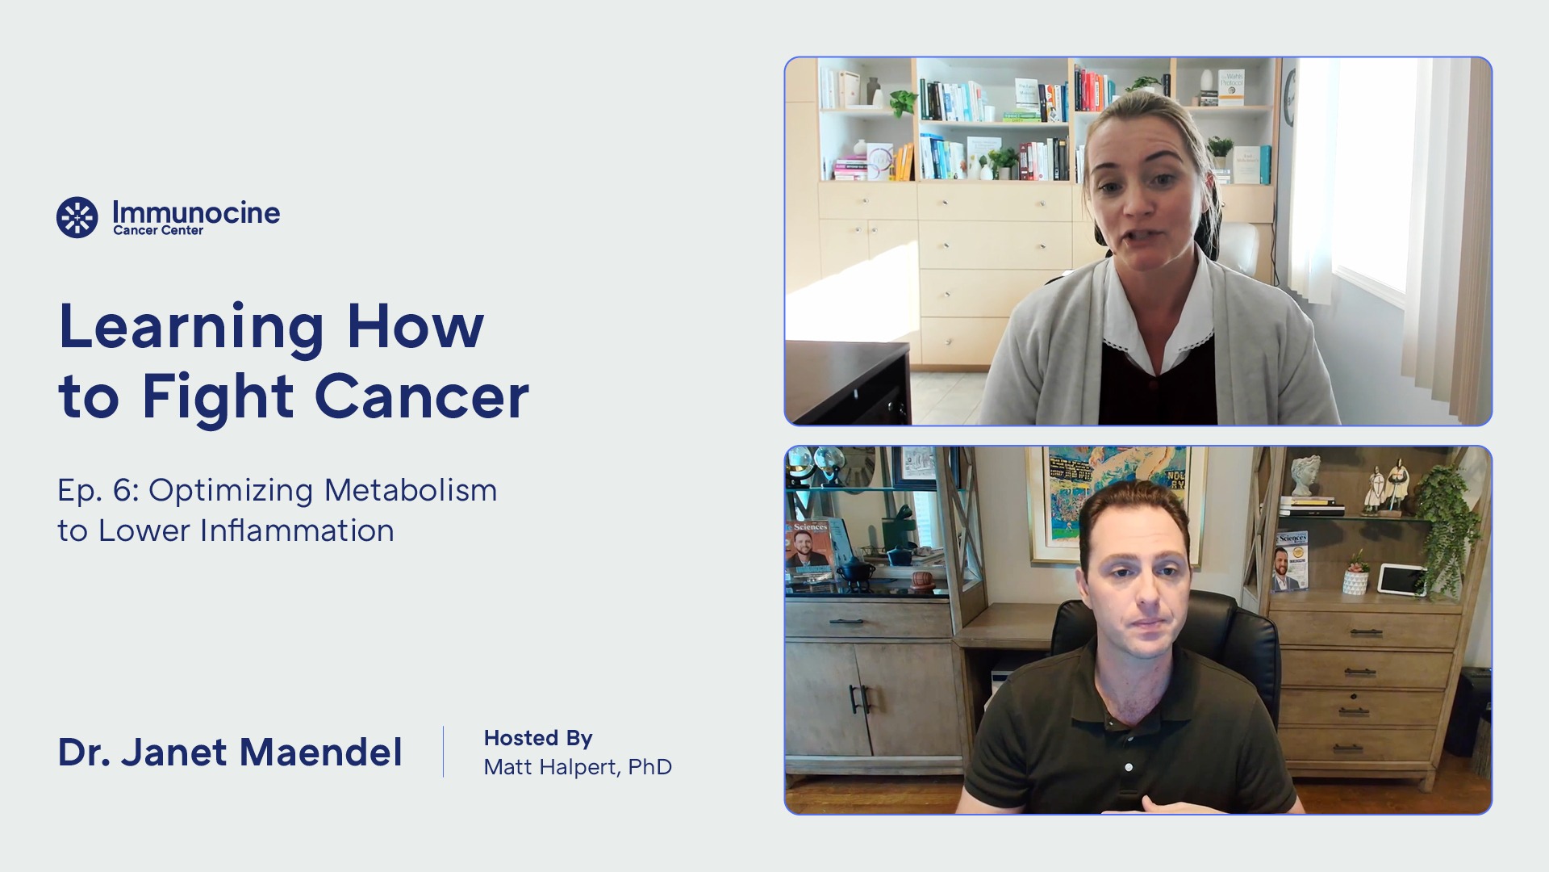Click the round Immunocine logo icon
(77, 217)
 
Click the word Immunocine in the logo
(196, 212)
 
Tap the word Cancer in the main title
(421, 396)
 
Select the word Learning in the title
(191, 327)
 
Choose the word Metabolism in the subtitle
(411, 490)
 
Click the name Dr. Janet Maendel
(230, 752)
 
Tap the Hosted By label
(538, 738)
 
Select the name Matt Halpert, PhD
(578, 766)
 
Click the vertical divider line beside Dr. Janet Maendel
(443, 752)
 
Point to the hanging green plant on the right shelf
(1448, 525)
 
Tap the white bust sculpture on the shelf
(1305, 476)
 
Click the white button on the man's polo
(1128, 767)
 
